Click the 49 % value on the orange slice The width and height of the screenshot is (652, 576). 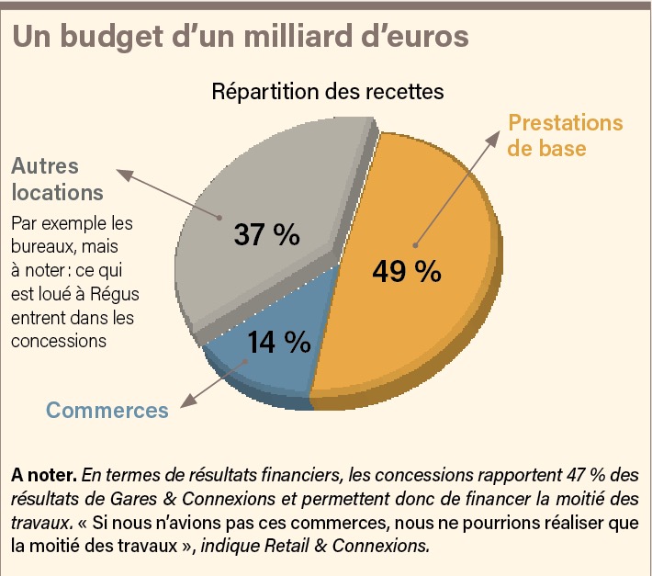point(406,272)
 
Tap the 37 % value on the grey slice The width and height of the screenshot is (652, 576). point(266,234)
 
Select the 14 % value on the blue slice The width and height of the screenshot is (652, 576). point(278,342)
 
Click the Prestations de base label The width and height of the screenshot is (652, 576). point(565,135)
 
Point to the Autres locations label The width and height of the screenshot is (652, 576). point(56,180)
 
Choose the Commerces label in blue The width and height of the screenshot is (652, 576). point(107,410)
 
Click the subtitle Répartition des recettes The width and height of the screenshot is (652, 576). point(328,93)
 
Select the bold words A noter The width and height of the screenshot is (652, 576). point(44,476)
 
